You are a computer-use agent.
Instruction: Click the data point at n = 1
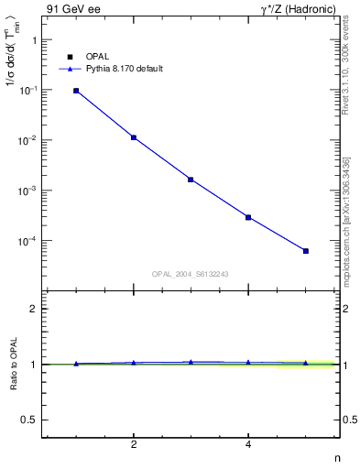(x=76, y=91)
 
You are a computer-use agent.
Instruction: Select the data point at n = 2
(x=134, y=137)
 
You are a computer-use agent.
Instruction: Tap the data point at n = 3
(x=191, y=180)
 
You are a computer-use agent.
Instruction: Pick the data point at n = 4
(x=248, y=217)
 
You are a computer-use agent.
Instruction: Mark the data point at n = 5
(x=306, y=251)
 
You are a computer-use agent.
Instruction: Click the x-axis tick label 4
(x=248, y=444)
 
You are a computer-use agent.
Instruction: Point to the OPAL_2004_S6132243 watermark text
(x=191, y=273)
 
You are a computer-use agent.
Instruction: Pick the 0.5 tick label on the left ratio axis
(x=29, y=420)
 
